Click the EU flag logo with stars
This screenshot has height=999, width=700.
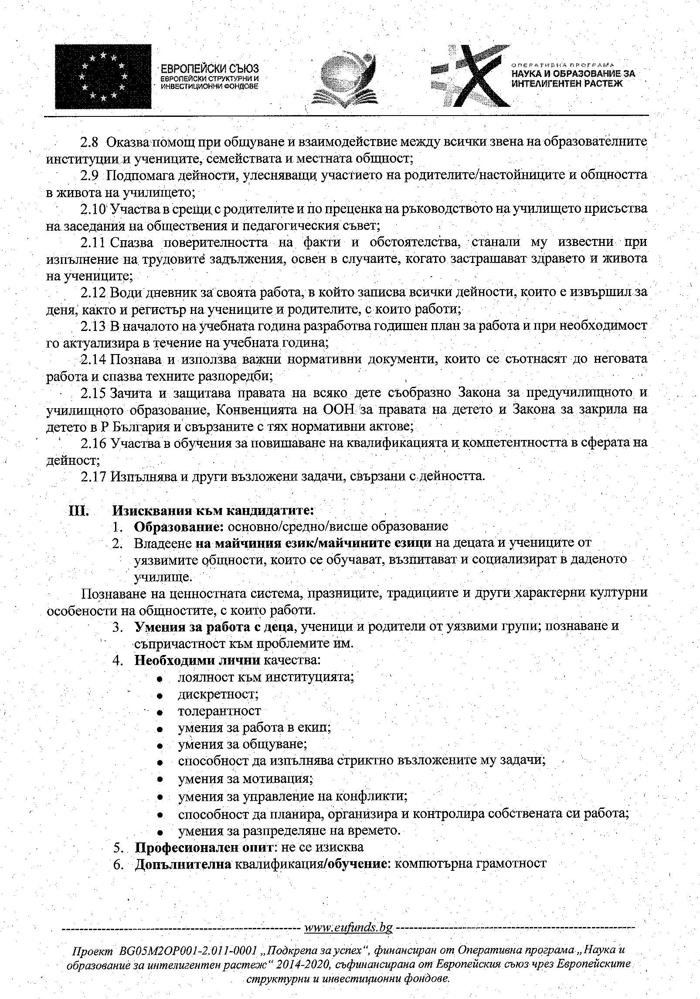[x=103, y=76]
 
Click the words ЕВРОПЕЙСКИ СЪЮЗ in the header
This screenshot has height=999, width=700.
[x=210, y=69]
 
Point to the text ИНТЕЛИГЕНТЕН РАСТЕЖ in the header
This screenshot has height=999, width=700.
[x=567, y=83]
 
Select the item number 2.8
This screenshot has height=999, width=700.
[x=91, y=143]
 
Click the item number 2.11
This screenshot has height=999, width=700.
[x=93, y=242]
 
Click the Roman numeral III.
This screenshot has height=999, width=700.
[x=79, y=510]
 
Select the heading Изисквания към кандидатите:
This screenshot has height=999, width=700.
[x=213, y=510]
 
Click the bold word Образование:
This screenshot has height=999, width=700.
[x=179, y=526]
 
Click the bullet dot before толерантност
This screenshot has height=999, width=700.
[x=161, y=712]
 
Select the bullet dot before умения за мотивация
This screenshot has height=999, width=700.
[x=161, y=779]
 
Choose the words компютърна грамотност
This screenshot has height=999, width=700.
[x=470, y=864]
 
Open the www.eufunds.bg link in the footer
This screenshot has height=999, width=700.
[x=348, y=939]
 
